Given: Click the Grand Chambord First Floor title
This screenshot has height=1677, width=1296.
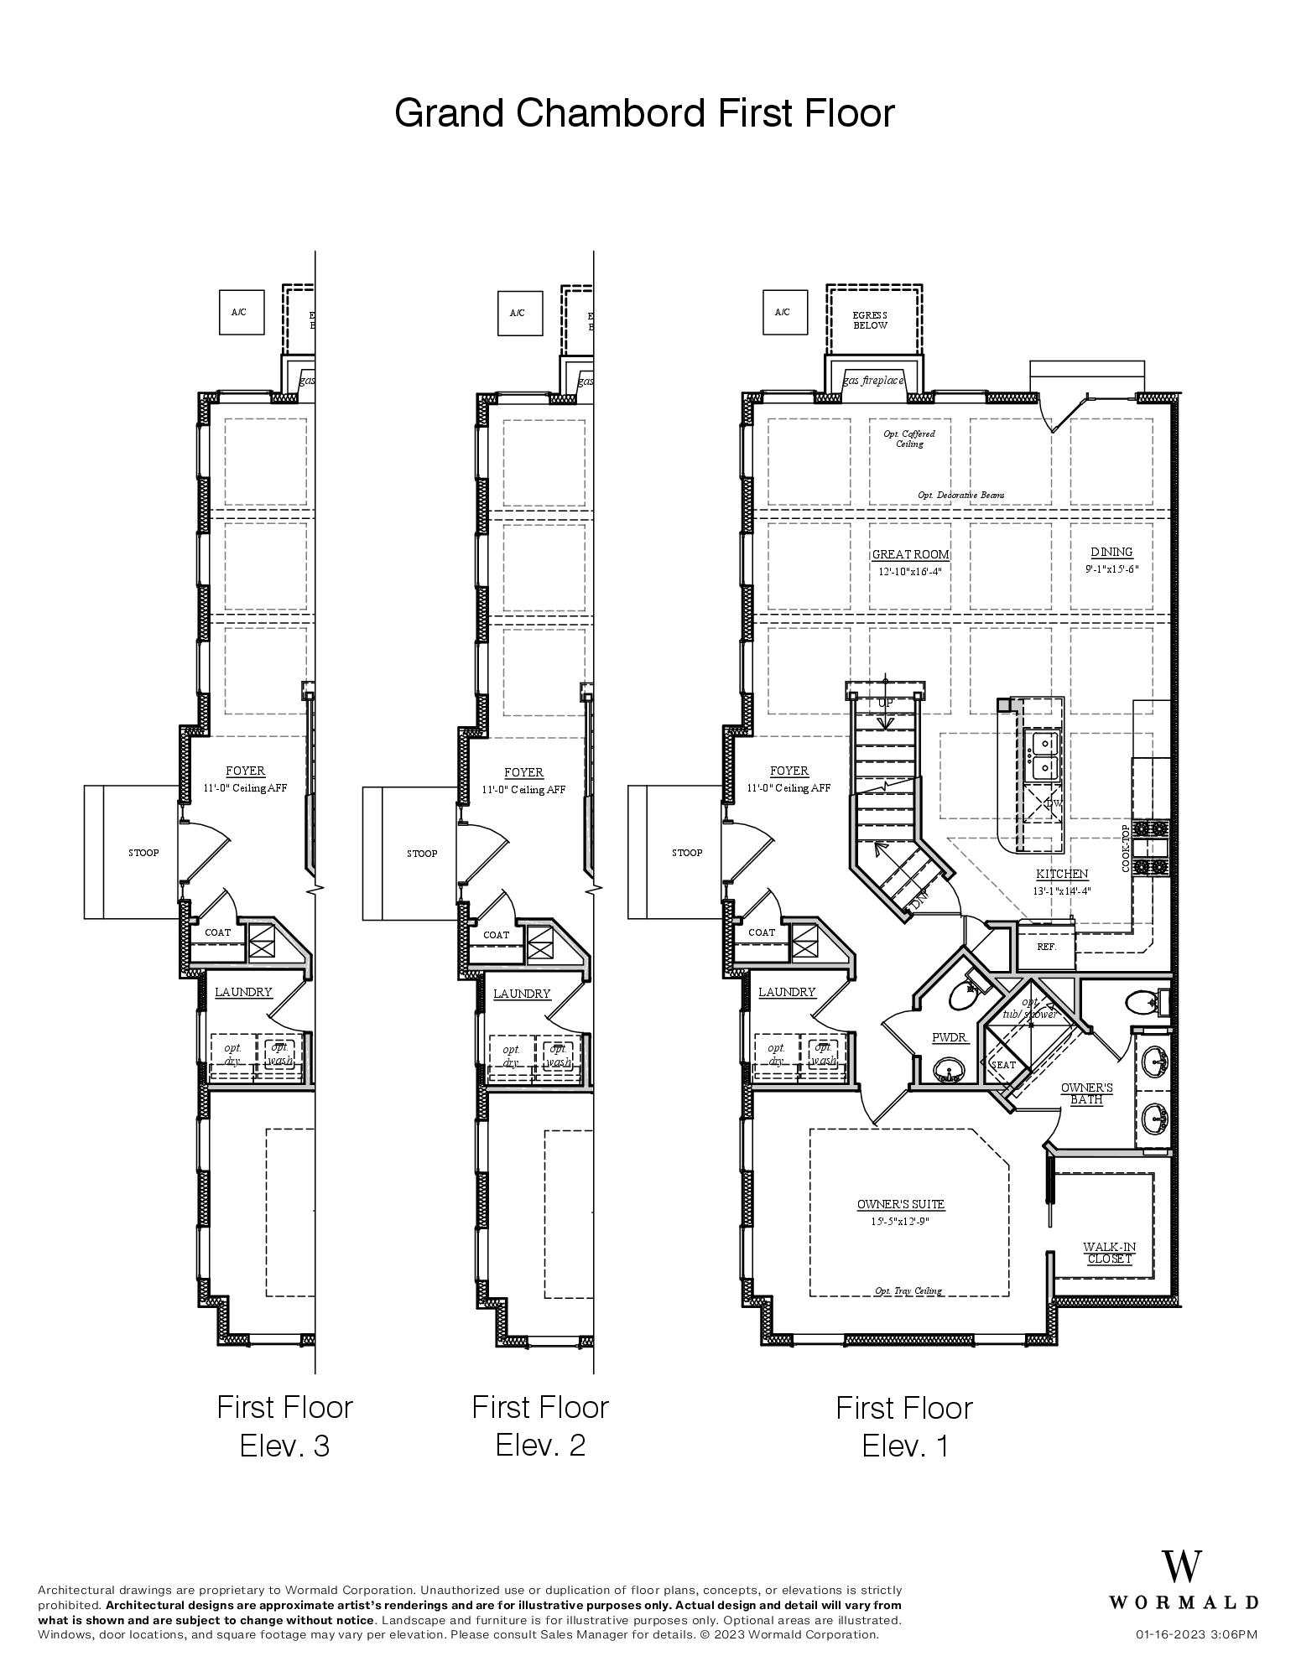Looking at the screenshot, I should pyautogui.click(x=644, y=113).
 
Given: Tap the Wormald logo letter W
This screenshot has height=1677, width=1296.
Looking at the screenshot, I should pyautogui.click(x=1181, y=1569).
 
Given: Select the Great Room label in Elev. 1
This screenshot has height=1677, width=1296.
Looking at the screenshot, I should pyautogui.click(x=910, y=554).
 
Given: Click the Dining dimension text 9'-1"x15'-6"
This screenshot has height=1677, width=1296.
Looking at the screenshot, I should pyautogui.click(x=1111, y=569).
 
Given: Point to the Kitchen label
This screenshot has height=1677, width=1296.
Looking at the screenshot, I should pyautogui.click(x=1061, y=874).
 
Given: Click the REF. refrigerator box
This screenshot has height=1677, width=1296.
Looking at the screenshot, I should pyautogui.click(x=1045, y=947).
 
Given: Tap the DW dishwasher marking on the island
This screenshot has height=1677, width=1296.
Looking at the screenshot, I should pyautogui.click(x=1053, y=803).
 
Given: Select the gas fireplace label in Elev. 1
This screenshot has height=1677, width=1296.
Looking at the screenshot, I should pyautogui.click(x=873, y=381).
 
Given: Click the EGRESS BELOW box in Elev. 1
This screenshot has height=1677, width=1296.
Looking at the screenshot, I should pyautogui.click(x=871, y=320).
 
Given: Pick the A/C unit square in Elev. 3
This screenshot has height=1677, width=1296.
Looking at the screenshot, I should pyautogui.click(x=239, y=313).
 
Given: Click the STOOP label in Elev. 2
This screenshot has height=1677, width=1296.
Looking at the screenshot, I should pyautogui.click(x=422, y=854).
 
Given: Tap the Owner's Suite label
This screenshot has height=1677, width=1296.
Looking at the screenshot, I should pyautogui.click(x=900, y=1204).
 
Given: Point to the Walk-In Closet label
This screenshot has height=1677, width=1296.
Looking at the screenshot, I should pyautogui.click(x=1109, y=1253).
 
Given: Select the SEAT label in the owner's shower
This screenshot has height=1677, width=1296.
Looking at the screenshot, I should pyautogui.click(x=1003, y=1065).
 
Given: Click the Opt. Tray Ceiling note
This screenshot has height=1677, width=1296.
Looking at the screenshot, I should pyautogui.click(x=908, y=1290).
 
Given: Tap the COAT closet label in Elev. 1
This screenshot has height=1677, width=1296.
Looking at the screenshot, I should pyautogui.click(x=762, y=932).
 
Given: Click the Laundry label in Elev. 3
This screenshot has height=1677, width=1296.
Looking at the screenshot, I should pyautogui.click(x=243, y=992).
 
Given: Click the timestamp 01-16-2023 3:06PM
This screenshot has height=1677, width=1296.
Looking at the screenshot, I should pyautogui.click(x=1196, y=1634).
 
